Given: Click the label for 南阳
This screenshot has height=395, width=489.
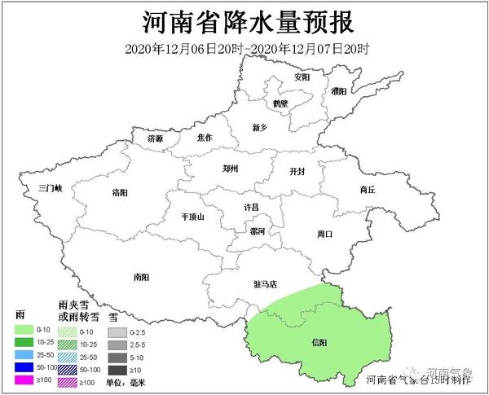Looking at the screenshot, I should [x=141, y=277].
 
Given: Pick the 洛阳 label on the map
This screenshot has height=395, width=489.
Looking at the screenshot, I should [x=119, y=192].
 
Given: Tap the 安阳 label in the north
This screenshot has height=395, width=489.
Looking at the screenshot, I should [x=302, y=77].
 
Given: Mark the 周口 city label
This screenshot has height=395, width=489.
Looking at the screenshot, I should [x=325, y=234].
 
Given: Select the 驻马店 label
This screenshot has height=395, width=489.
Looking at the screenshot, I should [x=266, y=284].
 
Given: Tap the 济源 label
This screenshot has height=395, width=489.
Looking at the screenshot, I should [x=155, y=139].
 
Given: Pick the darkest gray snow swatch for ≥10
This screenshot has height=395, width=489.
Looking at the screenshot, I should [x=117, y=370].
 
